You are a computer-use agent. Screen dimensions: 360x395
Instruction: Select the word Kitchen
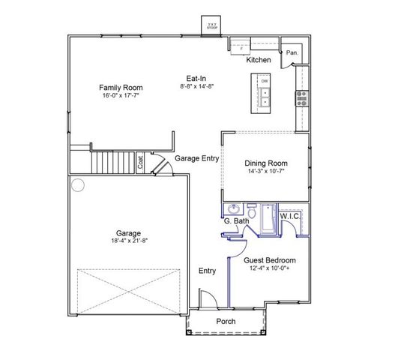point(259,59)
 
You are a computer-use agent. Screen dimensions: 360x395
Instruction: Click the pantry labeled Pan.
point(293,53)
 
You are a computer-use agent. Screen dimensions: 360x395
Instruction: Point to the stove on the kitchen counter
point(301,96)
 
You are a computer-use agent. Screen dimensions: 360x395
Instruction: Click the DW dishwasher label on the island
point(265,80)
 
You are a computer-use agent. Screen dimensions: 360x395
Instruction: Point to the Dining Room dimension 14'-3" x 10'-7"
point(265,171)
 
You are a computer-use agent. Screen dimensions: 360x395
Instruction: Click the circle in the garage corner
point(78,184)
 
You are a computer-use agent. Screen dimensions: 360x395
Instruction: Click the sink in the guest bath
point(233,209)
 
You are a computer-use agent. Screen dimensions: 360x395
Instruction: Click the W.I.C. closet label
point(291,216)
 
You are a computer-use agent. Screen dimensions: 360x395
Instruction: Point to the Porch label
point(226,321)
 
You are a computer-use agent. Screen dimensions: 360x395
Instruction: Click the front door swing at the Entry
point(211,298)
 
